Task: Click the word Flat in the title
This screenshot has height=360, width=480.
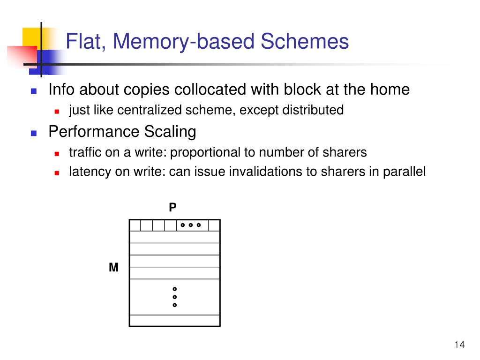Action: [80, 42]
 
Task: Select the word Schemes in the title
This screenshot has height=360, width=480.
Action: [305, 42]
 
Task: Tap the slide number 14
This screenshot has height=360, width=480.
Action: [459, 345]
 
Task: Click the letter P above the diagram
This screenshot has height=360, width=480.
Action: [173, 207]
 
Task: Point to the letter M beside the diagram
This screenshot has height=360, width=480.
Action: [113, 268]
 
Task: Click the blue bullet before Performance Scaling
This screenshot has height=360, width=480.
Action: [34, 133]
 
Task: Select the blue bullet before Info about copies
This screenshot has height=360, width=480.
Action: [34, 91]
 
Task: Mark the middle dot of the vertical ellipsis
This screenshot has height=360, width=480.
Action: [174, 297]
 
